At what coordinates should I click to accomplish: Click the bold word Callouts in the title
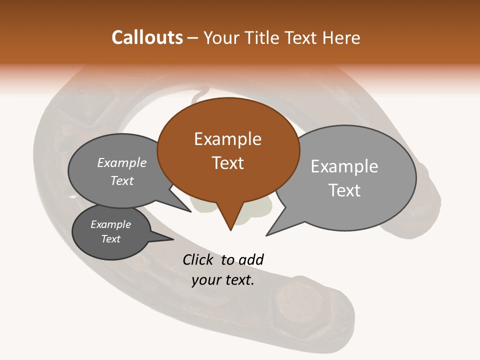pos(147,37)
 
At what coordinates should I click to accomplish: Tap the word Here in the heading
pos(342,37)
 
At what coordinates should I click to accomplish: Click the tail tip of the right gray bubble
pos(267,234)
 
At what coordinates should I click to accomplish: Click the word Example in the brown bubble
pos(227,139)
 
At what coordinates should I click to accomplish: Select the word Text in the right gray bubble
pos(344,190)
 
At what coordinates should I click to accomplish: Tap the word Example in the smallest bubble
pos(110,224)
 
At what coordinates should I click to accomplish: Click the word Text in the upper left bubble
pos(122,180)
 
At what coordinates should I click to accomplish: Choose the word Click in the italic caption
pos(197,259)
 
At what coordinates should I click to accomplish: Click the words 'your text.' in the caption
pos(223,280)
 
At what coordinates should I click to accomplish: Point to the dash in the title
pos(193,38)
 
